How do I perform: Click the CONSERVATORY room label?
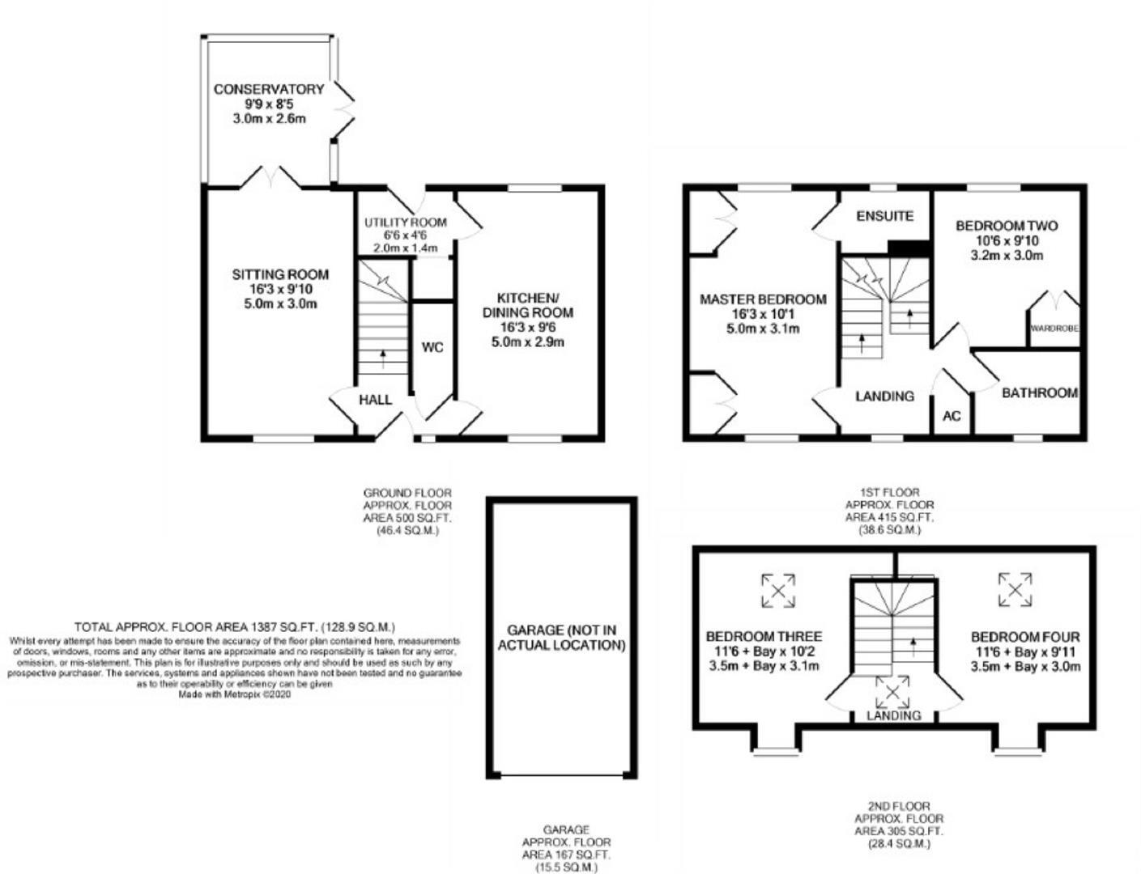coord(268,89)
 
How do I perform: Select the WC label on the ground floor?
coord(432,348)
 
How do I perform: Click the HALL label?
coord(375,400)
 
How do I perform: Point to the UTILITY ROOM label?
coord(405,223)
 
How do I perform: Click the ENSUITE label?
coord(884,216)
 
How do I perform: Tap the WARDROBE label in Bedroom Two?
coord(1054,329)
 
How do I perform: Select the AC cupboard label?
coord(952,416)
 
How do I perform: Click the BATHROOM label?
coord(1039,393)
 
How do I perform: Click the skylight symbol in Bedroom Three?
coord(778,590)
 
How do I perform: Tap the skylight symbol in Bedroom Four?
coord(1015,589)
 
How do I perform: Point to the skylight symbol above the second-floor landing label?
coord(892,693)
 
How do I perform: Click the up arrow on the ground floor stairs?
coord(382,355)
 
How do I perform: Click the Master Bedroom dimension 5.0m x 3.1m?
coord(763,329)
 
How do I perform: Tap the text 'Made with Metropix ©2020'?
coord(234,694)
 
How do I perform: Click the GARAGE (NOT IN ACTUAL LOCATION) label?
coord(561,638)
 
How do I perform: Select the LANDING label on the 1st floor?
coord(884,396)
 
